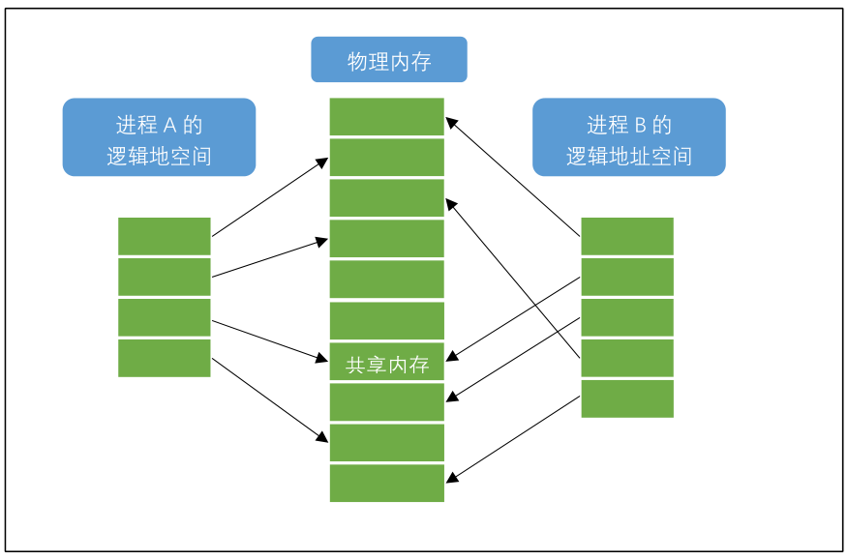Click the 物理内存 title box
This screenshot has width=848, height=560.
pos(388,60)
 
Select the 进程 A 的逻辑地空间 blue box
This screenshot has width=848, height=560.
pos(159,137)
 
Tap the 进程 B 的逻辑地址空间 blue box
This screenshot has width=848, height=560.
pos(628,137)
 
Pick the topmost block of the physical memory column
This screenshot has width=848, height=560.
pos(386,117)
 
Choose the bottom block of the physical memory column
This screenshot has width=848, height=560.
pos(386,484)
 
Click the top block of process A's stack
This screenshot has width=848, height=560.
pos(164,236)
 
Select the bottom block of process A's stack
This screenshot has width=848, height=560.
pos(164,358)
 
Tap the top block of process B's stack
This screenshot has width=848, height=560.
pos(626,236)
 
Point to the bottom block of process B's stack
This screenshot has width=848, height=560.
pos(626,398)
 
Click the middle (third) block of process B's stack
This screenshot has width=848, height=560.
pos(626,317)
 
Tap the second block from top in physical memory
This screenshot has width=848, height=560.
pos(386,158)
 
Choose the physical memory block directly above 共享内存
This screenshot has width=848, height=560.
pos(386,321)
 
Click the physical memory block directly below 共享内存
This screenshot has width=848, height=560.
pos(386,402)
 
